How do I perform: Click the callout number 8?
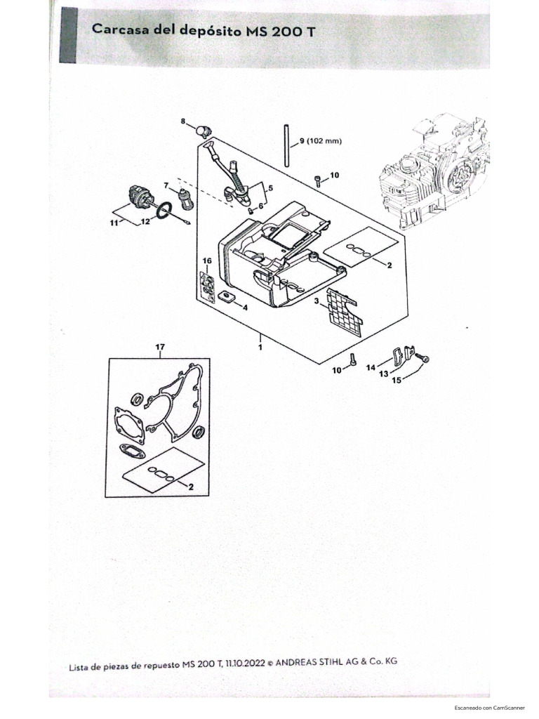183,121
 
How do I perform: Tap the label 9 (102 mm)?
321,140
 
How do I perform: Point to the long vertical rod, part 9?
286,145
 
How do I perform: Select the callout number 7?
166,185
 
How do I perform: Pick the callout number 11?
114,223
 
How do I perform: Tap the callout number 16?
207,261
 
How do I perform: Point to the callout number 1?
260,347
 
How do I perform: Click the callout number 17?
159,347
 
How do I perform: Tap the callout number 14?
371,368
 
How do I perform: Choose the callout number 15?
397,380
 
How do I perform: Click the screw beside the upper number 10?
318,180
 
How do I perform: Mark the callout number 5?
270,188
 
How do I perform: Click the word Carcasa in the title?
118,29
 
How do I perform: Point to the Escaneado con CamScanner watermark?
490,708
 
